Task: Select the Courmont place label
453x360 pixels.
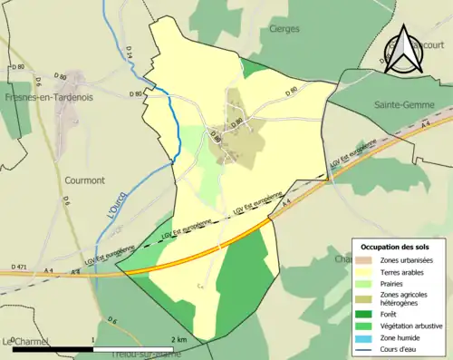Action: (82, 180)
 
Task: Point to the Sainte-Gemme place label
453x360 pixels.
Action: (401, 105)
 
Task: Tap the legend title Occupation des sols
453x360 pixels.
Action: (394, 247)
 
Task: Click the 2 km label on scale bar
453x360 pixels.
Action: (178, 339)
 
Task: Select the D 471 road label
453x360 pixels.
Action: (21, 266)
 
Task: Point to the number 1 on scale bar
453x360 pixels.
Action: (93, 339)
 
